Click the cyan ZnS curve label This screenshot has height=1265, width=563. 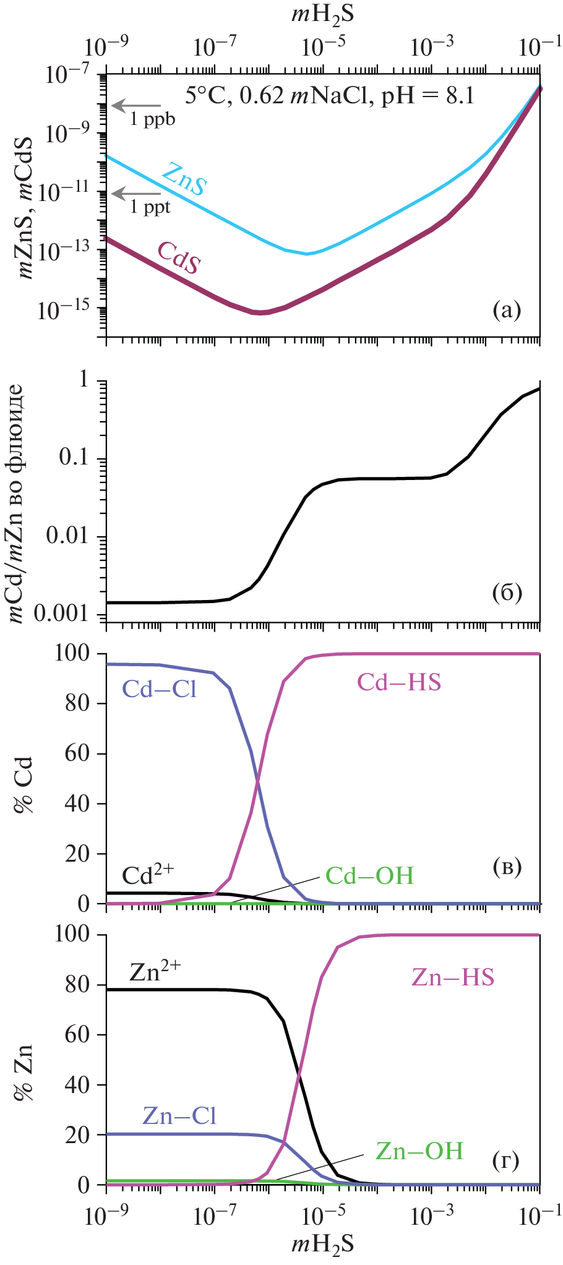tap(183, 179)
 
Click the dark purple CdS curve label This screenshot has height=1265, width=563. tap(179, 258)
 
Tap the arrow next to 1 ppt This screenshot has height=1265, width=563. tap(137, 194)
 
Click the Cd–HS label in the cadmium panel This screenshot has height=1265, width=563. tap(399, 682)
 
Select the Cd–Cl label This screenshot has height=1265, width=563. tap(160, 689)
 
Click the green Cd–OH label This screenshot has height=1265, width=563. tap(369, 876)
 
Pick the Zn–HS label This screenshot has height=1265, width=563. tap(453, 977)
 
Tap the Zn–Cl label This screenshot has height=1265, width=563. tap(179, 1115)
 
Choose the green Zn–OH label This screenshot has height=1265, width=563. tap(419, 1150)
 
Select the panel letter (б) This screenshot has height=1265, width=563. tap(507, 593)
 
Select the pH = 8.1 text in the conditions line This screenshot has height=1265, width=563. tap(428, 96)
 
